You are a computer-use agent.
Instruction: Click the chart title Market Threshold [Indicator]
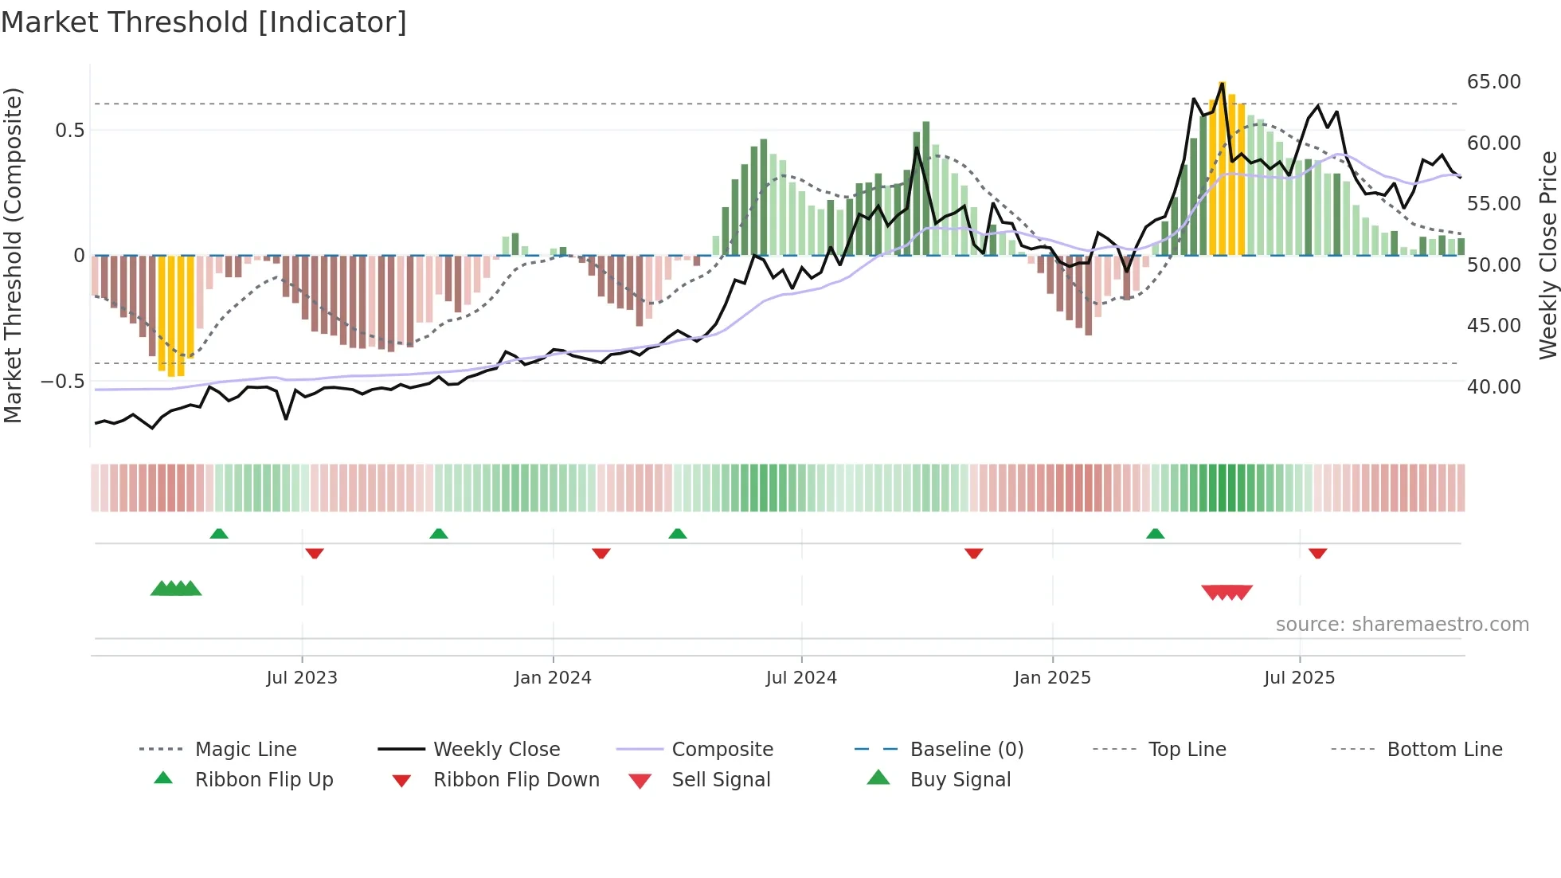204,22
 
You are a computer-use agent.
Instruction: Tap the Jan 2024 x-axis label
553,678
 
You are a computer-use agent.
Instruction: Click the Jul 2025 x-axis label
1299,678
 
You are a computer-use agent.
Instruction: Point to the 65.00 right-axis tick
1493,82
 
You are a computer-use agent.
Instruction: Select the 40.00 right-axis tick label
1493,386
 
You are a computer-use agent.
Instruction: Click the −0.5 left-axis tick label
62,382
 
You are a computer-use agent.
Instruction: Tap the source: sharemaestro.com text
1402,625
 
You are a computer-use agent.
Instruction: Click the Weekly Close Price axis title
1547,255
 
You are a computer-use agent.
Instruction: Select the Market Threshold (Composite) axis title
13,255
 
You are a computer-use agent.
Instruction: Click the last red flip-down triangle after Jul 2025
1317,553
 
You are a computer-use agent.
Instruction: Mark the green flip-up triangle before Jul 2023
219,534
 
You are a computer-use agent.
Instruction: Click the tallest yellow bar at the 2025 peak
1222,167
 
